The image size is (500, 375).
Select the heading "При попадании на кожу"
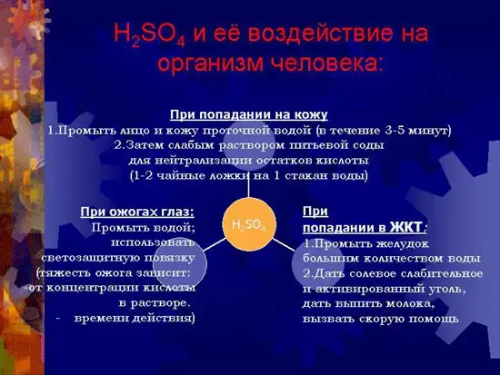(x=249, y=114)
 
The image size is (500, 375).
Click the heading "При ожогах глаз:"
(x=137, y=212)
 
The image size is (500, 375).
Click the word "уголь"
(x=438, y=289)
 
